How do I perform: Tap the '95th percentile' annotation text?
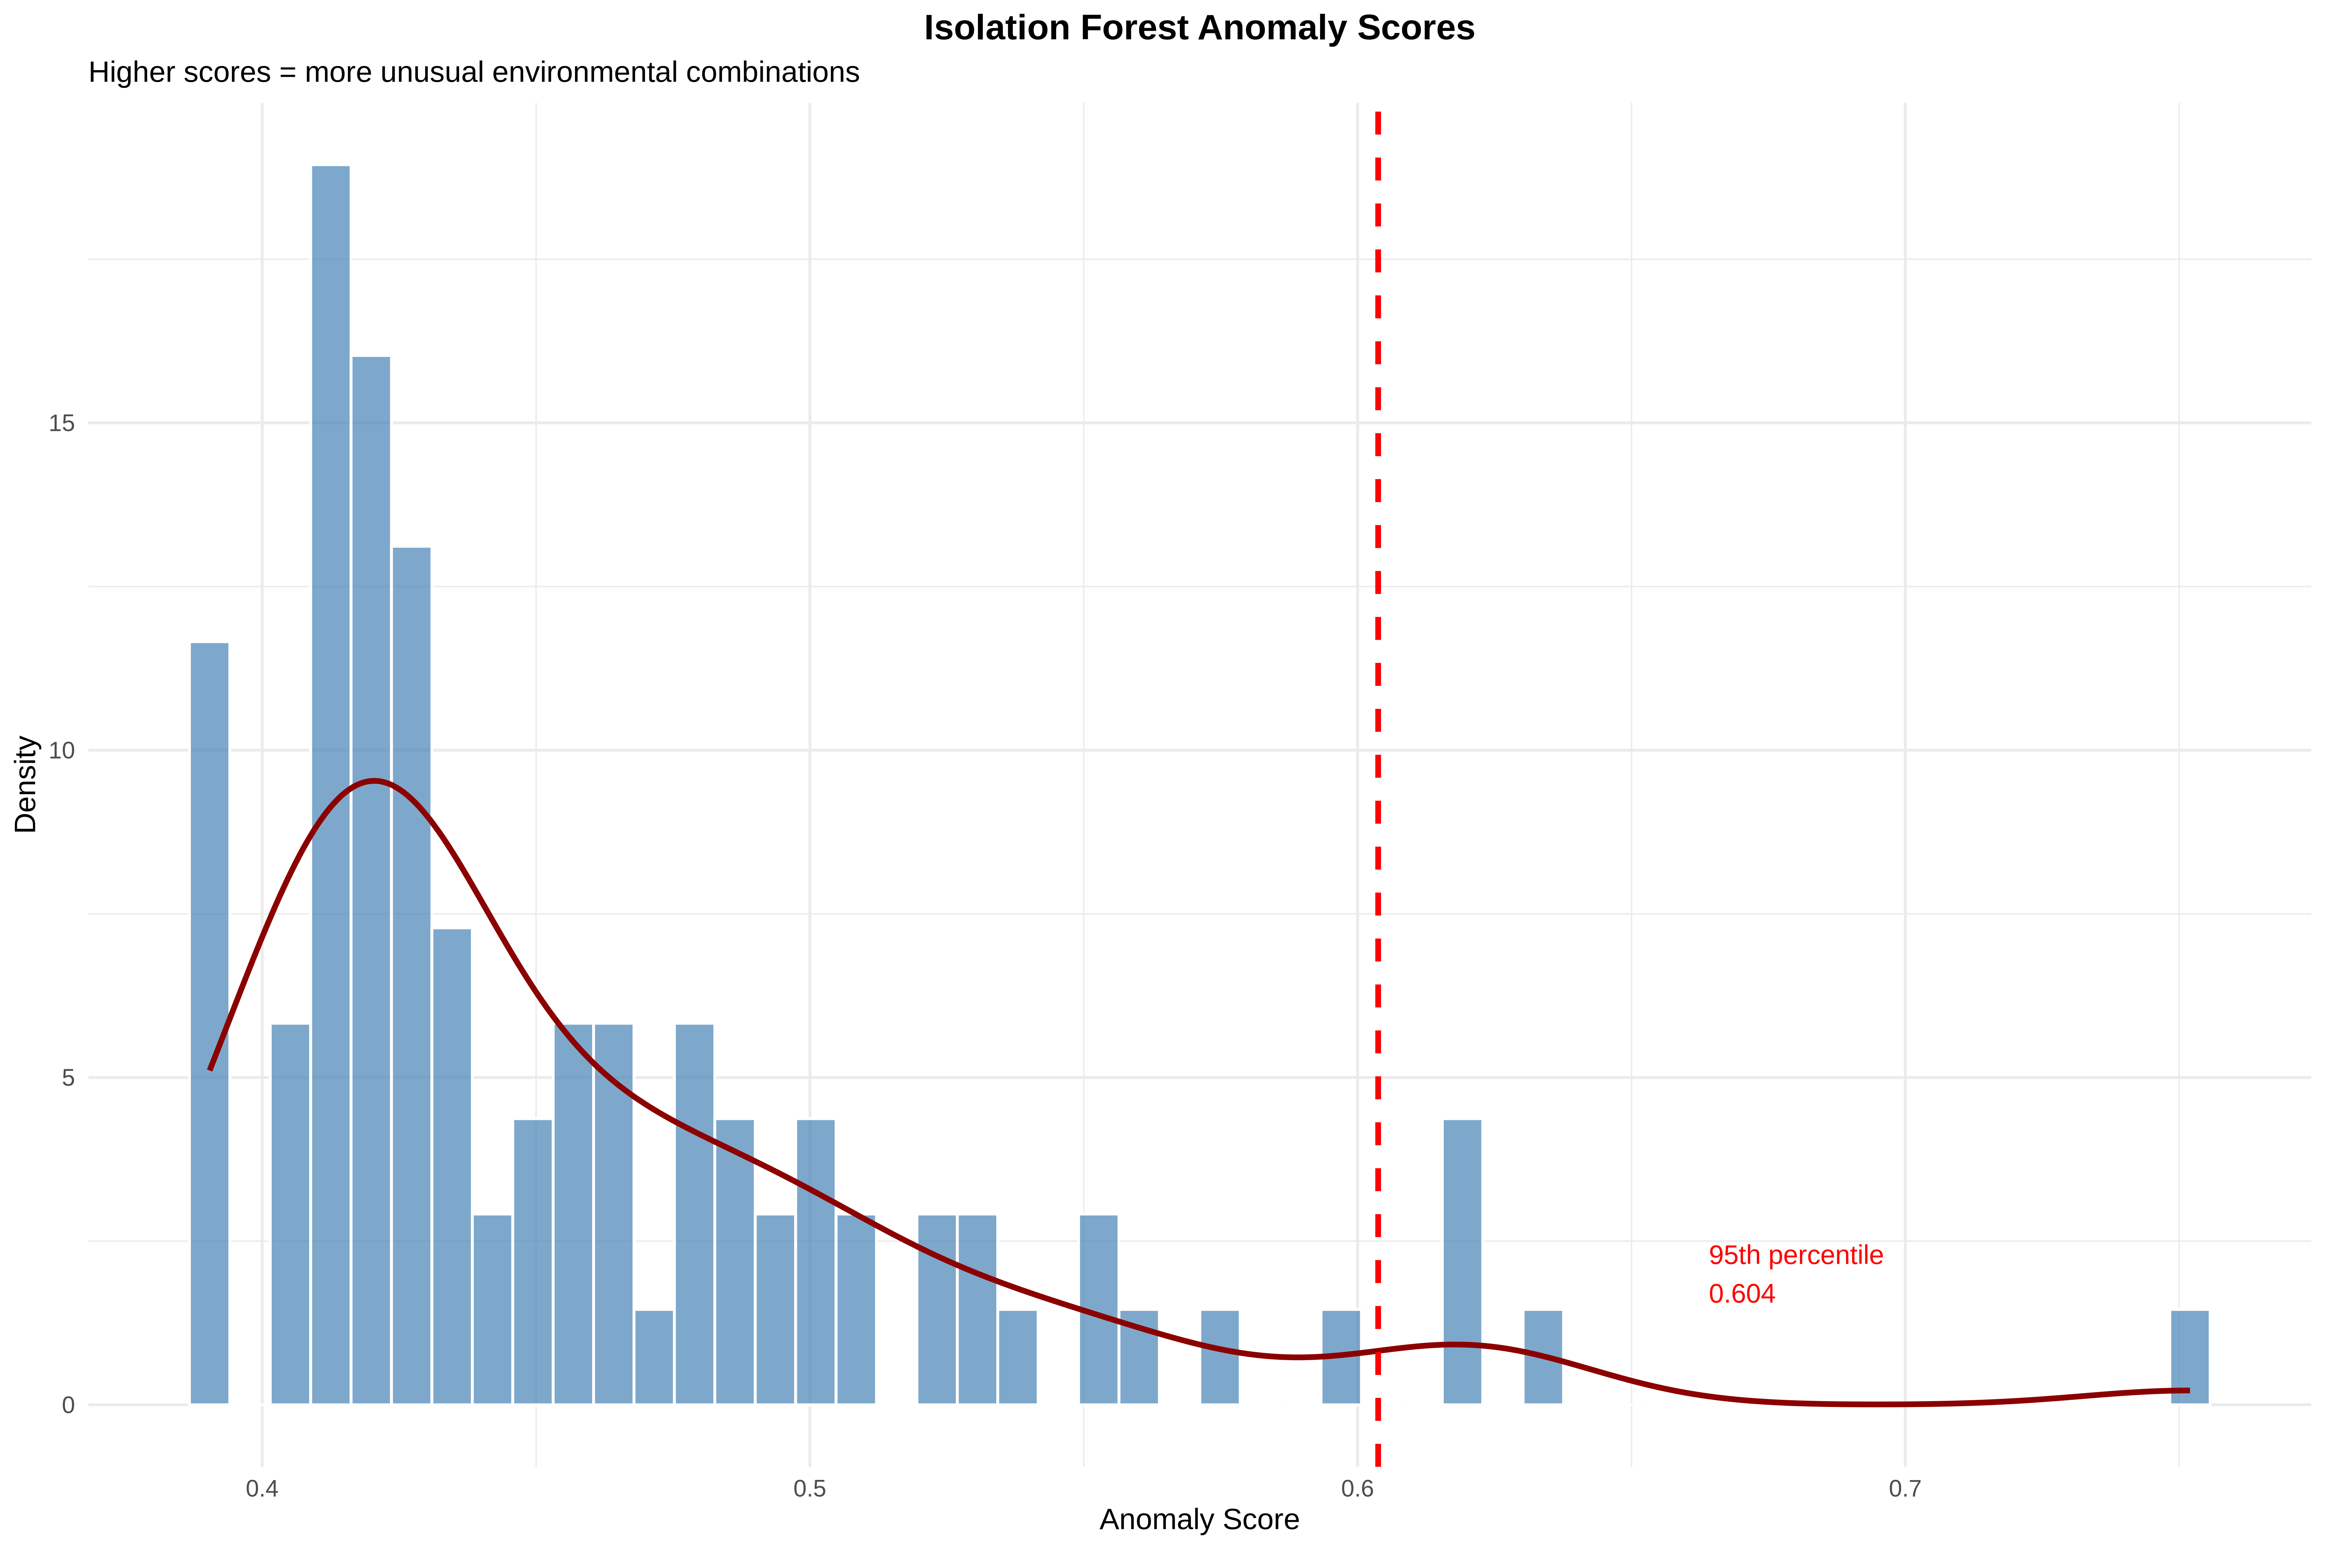[x=1795, y=1255]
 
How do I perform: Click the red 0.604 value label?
[x=1742, y=1294]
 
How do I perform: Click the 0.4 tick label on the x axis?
[x=262, y=1489]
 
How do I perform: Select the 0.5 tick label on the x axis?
[x=810, y=1489]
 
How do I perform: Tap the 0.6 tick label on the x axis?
[x=1358, y=1489]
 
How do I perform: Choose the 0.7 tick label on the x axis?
[x=1905, y=1489]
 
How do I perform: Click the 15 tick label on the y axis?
[x=61, y=423]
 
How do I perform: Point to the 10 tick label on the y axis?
[x=61, y=750]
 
